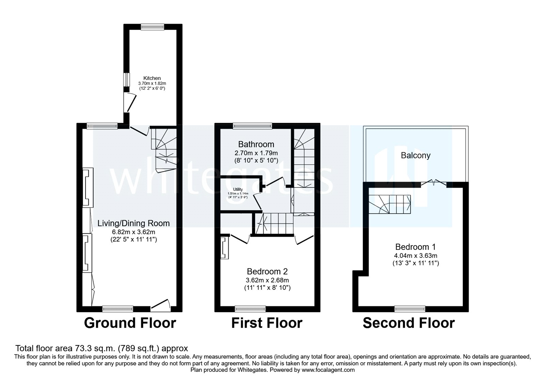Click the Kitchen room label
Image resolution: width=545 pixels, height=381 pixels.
(x=152, y=78)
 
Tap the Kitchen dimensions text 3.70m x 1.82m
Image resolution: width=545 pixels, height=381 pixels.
(x=152, y=83)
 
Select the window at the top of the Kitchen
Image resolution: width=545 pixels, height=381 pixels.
(x=153, y=27)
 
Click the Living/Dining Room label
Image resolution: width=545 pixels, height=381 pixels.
(x=134, y=223)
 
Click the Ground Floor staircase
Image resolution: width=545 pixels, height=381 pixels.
(x=164, y=148)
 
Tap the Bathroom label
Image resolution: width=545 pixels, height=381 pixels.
(x=256, y=144)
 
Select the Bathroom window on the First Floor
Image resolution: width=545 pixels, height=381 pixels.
(x=252, y=126)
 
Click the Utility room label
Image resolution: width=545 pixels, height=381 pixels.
(x=238, y=189)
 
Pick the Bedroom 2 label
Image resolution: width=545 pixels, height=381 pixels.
(x=267, y=271)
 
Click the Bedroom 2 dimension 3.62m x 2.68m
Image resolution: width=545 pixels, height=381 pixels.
(x=267, y=280)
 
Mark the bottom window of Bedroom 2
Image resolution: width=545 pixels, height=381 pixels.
(x=250, y=309)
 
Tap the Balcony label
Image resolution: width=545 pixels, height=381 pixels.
(x=416, y=155)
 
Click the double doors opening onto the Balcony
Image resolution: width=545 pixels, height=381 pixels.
(x=433, y=184)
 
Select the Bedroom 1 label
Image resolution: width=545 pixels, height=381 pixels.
(x=415, y=247)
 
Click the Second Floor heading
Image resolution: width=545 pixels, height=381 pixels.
(x=408, y=323)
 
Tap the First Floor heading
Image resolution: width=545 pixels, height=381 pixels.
(x=267, y=323)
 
